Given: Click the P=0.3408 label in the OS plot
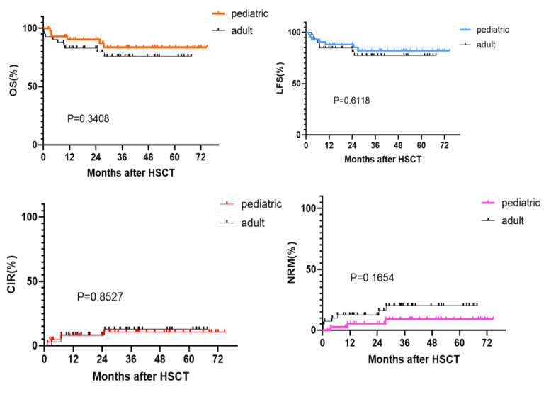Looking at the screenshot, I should [88, 118].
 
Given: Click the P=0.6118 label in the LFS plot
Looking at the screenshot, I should [351, 101].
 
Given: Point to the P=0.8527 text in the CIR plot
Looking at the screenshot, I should [100, 296].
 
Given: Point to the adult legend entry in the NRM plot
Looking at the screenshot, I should [508, 220].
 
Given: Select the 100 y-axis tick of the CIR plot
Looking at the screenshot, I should [29, 216].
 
